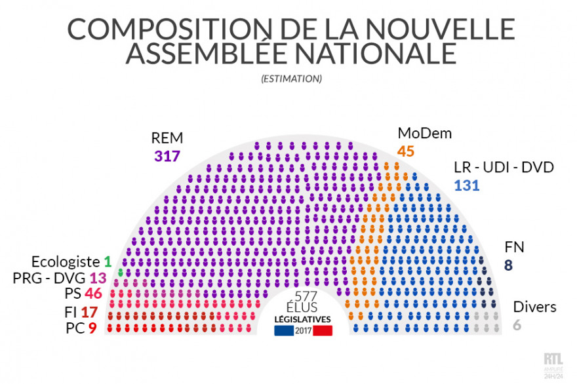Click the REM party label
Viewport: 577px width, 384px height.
(167, 138)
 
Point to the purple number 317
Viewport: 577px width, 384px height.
(167, 155)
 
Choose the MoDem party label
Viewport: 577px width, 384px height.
(424, 134)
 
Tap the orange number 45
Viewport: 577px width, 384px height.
(406, 151)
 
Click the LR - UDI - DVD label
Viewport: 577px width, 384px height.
(504, 168)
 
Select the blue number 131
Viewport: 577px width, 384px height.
(467, 185)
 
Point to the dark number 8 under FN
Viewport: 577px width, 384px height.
(509, 265)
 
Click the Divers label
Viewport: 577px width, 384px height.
(534, 307)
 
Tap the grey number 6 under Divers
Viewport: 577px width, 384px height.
(517, 324)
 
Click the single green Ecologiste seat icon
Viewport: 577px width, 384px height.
(121, 270)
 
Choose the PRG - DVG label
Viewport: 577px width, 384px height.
(50, 278)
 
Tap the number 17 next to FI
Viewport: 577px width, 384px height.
(89, 312)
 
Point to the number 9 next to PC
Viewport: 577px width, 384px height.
(92, 328)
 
